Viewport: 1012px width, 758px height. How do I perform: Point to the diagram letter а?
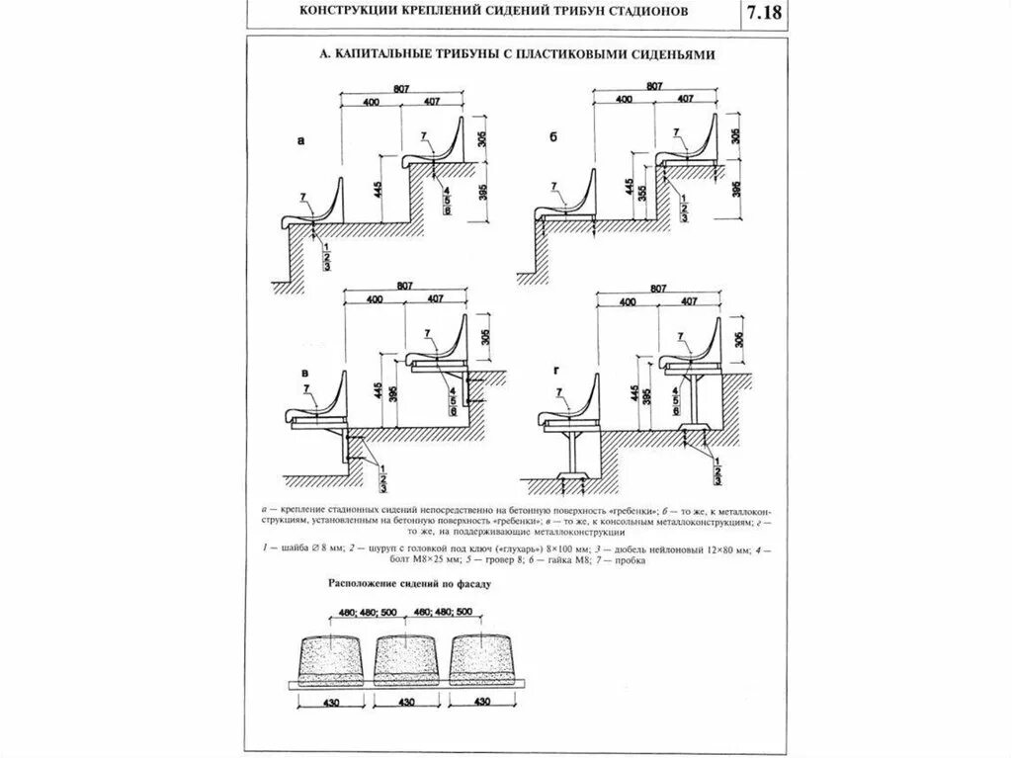click(x=300, y=141)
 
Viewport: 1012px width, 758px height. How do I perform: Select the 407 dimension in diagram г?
click(x=686, y=300)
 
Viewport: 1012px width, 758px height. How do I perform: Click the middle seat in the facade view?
click(x=403, y=654)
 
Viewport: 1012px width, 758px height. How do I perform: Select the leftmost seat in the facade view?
click(x=329, y=654)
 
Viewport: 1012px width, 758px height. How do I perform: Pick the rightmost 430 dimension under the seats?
click(x=480, y=702)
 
